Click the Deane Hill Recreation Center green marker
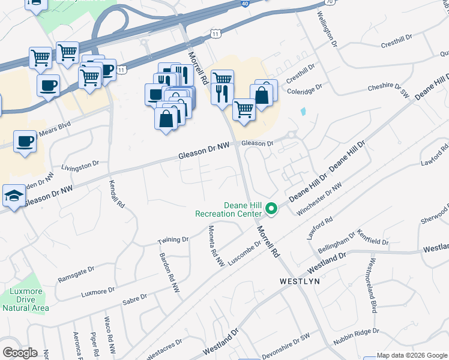click(271, 209)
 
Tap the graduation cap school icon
click(14, 196)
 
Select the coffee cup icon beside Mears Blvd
click(25, 142)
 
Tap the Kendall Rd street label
click(117, 194)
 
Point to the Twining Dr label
click(173, 240)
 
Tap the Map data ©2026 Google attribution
click(412, 355)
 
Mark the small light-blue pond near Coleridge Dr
click(303, 112)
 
